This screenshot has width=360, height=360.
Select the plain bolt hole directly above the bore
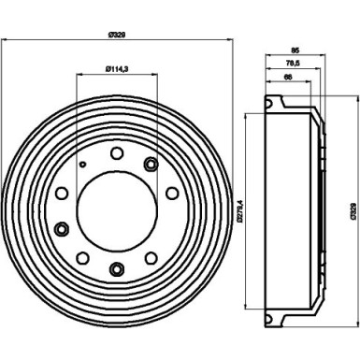(x=117, y=153)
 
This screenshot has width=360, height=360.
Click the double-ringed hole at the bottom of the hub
(x=117, y=271)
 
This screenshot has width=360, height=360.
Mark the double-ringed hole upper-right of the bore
(x=150, y=166)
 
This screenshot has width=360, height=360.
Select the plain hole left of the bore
(x=62, y=194)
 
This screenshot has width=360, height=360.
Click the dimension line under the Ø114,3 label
(x=118, y=76)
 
